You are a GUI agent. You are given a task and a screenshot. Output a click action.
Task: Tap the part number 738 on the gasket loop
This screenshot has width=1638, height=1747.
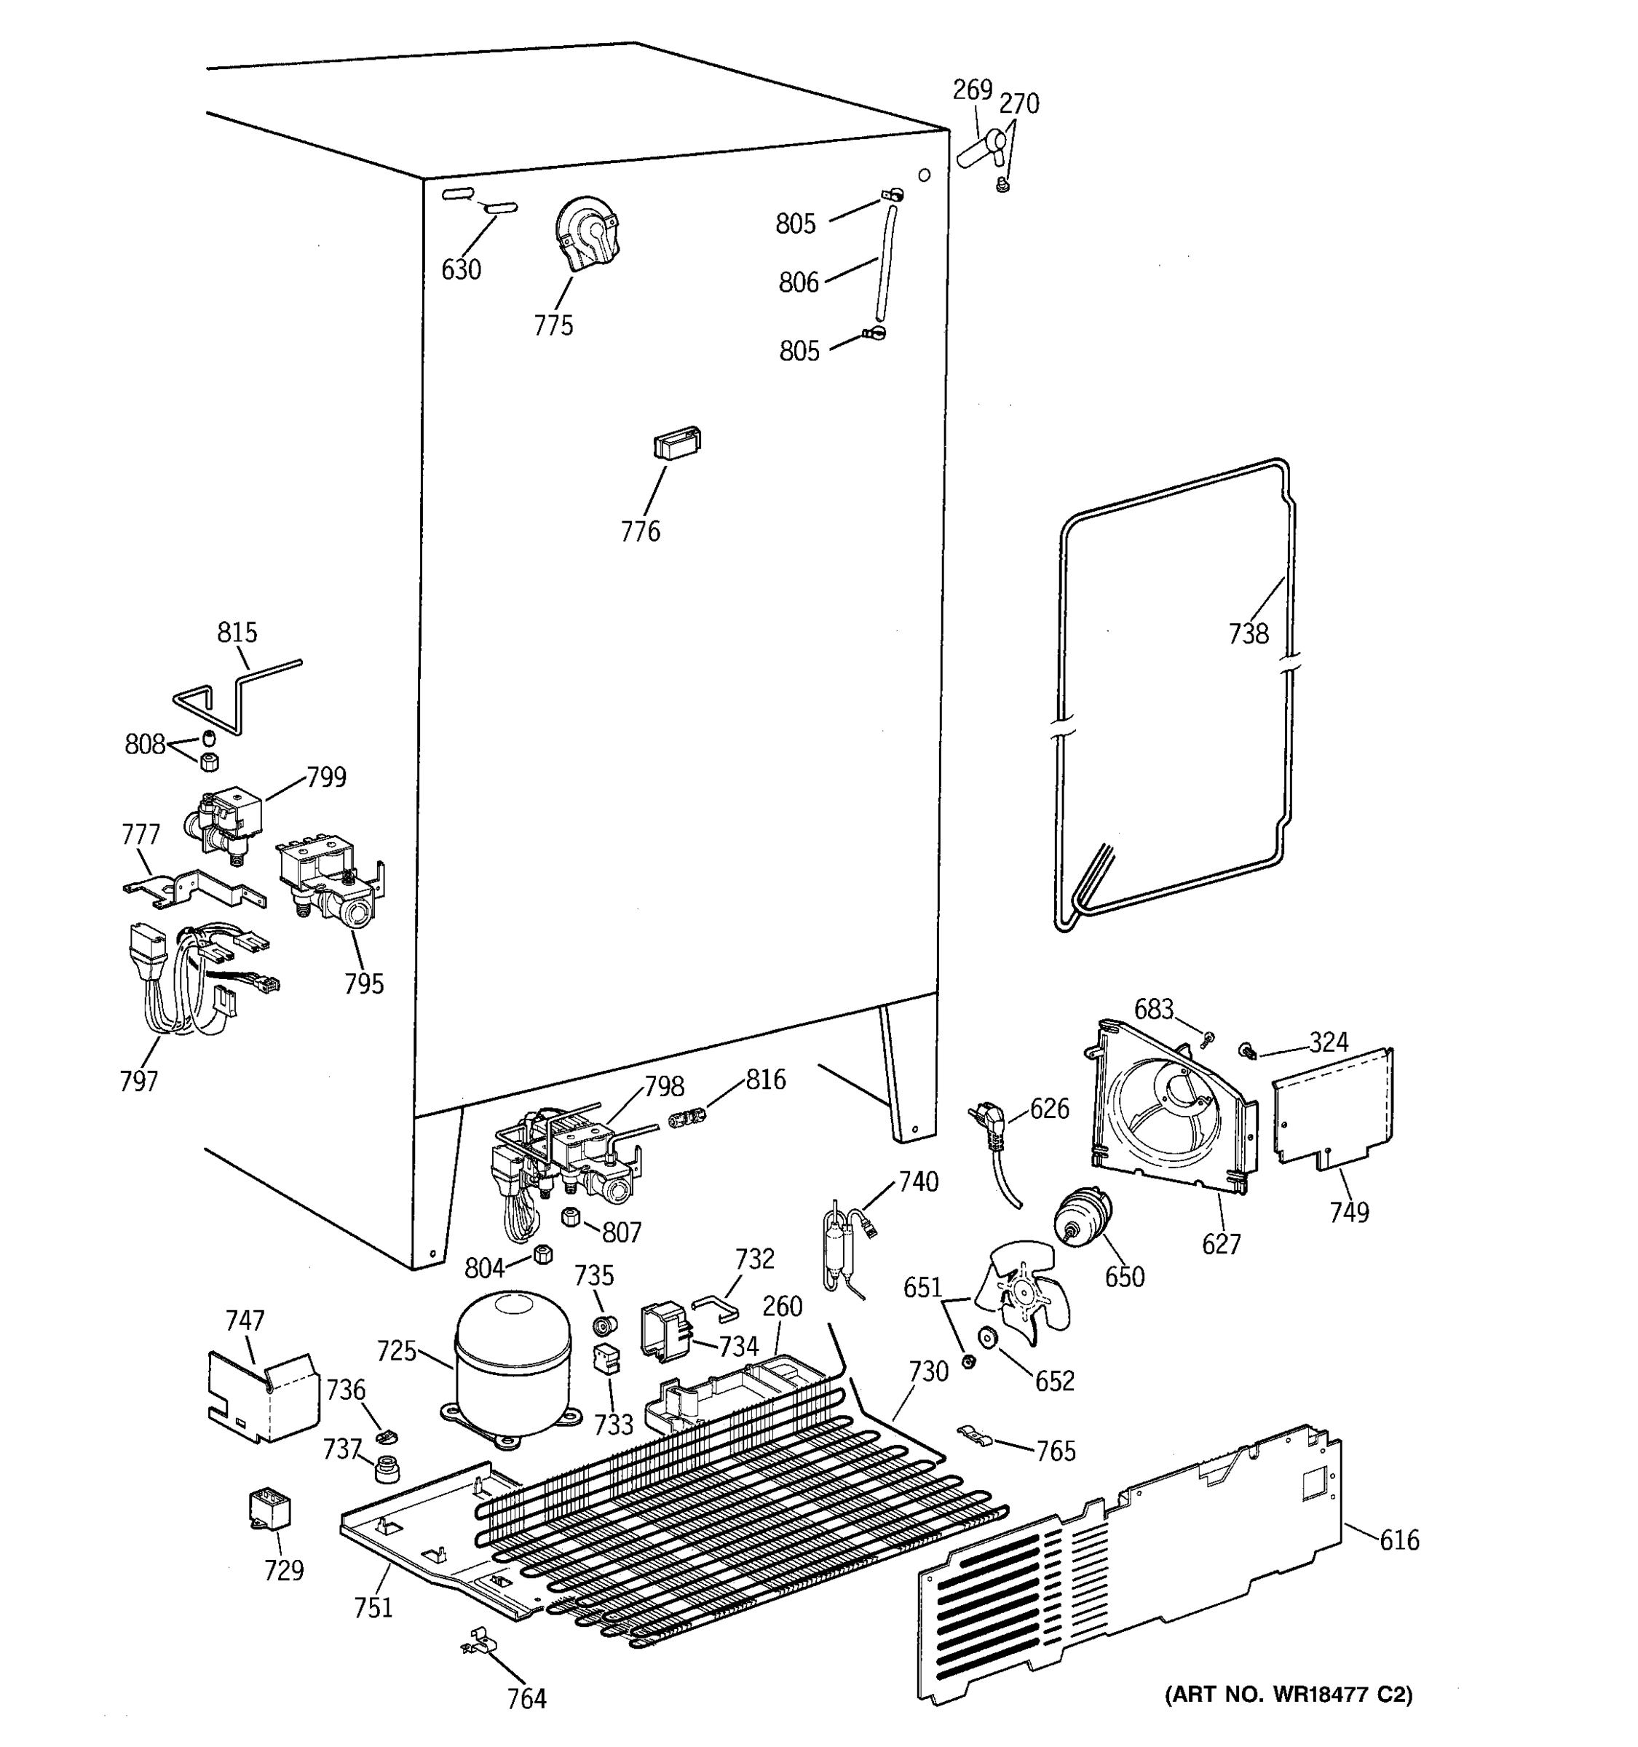[1248, 633]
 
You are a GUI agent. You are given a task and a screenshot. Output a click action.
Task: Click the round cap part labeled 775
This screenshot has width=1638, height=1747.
[587, 231]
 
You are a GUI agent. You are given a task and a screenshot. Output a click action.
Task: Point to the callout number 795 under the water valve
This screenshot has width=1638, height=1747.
[363, 983]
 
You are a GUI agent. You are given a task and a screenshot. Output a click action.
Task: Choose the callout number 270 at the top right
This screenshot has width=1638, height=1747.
[1018, 105]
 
